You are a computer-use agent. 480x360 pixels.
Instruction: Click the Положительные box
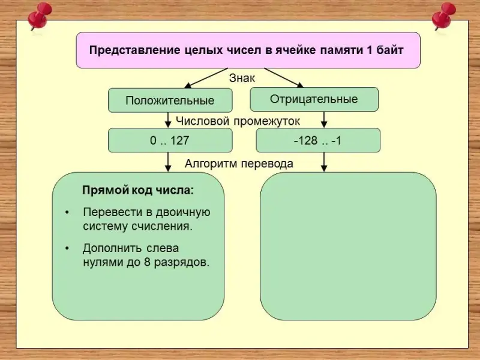(x=170, y=100)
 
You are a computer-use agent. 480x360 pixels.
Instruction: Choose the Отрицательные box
(x=314, y=99)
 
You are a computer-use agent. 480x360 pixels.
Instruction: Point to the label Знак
(x=242, y=78)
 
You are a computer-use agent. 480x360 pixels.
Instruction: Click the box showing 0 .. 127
(x=170, y=141)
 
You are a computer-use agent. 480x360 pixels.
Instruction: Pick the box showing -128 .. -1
(x=318, y=141)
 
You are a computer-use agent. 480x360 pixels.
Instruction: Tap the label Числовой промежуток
(x=238, y=121)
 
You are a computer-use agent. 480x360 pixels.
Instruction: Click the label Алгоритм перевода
(x=239, y=163)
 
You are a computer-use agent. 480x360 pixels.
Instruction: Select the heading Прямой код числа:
(x=138, y=191)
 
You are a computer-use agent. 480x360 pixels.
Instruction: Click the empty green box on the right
(x=348, y=246)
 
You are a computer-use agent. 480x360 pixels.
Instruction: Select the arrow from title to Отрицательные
(x=285, y=78)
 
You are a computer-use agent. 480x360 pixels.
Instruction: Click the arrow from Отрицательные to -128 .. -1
(x=324, y=120)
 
